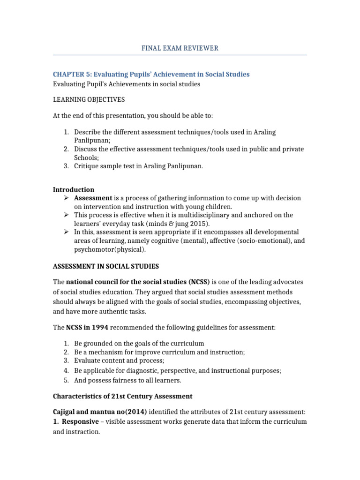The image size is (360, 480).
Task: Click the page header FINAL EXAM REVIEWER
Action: click(x=180, y=48)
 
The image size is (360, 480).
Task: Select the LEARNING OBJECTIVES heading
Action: click(x=89, y=99)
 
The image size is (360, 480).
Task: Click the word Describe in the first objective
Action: click(x=88, y=132)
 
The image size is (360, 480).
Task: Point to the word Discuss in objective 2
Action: click(x=86, y=149)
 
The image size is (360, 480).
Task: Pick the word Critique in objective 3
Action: click(x=87, y=166)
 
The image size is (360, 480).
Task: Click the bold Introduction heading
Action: click(x=73, y=190)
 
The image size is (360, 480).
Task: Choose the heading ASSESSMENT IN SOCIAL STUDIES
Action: click(x=105, y=266)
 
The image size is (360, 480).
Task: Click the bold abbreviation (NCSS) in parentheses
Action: click(x=199, y=282)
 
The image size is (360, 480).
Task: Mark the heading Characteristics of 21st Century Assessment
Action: click(x=122, y=396)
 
